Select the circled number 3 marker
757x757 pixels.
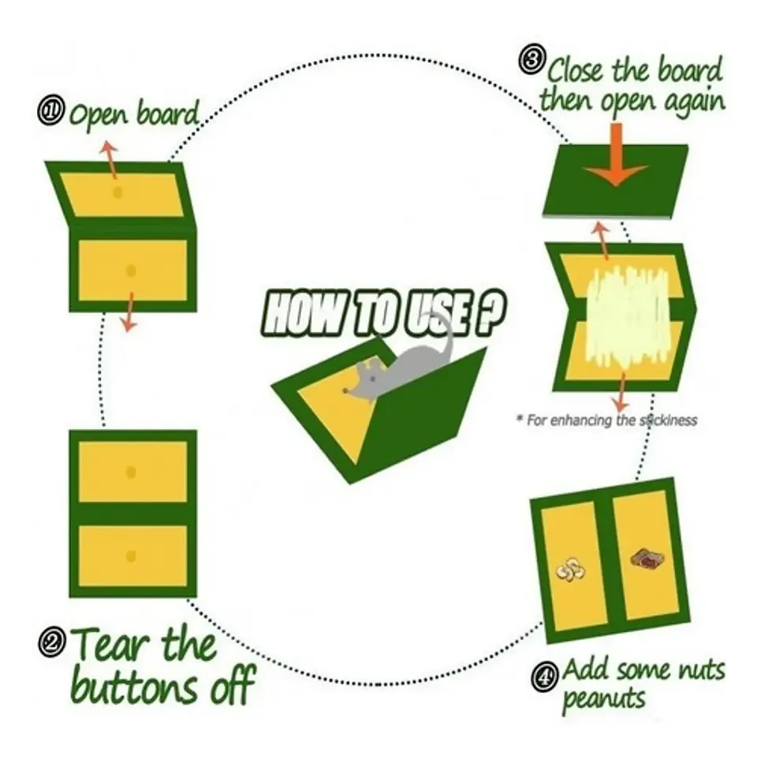point(532,61)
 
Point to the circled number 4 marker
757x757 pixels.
point(546,676)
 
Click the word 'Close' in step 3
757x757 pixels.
point(576,73)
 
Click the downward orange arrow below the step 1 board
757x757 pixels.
point(129,312)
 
